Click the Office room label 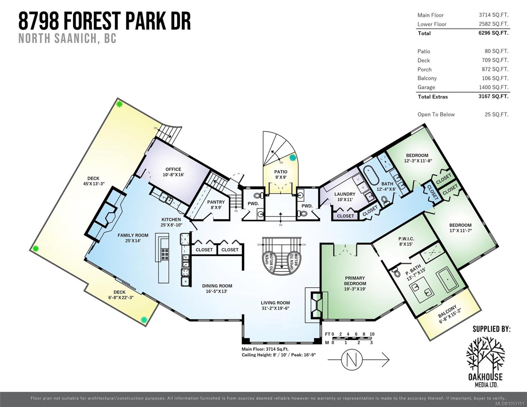tap(173, 169)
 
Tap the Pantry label tap(216, 202)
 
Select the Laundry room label tap(345, 194)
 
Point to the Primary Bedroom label tap(355, 281)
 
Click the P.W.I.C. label tap(406, 239)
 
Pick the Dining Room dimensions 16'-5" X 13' tap(217, 291)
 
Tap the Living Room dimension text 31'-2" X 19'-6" tap(275, 308)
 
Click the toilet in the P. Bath tap(396, 272)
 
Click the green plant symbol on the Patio tap(293, 158)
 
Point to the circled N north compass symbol tap(352, 360)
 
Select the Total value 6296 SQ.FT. tap(493, 33)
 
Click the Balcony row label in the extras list tap(427, 78)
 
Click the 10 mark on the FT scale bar tap(372, 334)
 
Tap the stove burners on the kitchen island tap(165, 254)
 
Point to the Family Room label tap(133, 235)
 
